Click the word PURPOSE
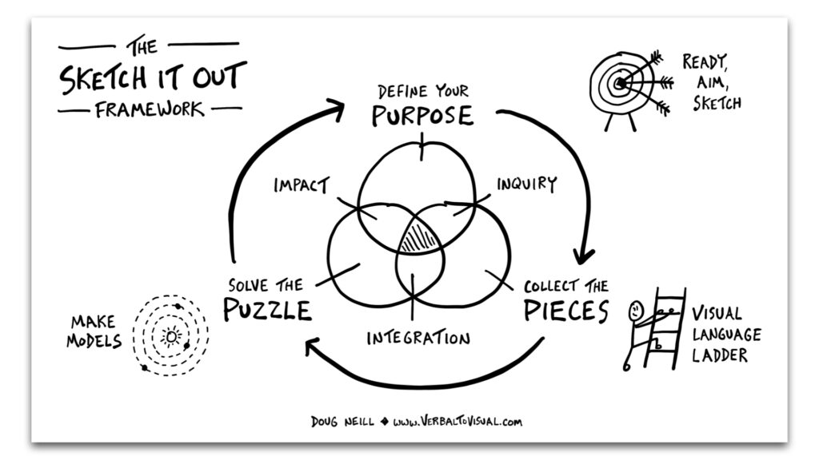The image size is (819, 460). pos(422,115)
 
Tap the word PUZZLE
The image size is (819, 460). pos(266,308)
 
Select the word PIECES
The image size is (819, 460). pos(566,310)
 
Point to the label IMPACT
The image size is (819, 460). pos(300,185)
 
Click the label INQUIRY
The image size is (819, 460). pos(526,184)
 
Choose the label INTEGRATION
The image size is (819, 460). pos(418,338)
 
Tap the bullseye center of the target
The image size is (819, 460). pos(621,82)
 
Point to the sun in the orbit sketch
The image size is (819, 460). pos(170,336)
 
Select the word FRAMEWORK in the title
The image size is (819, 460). pos(150,109)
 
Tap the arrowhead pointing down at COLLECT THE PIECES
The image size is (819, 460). pos(585,256)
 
